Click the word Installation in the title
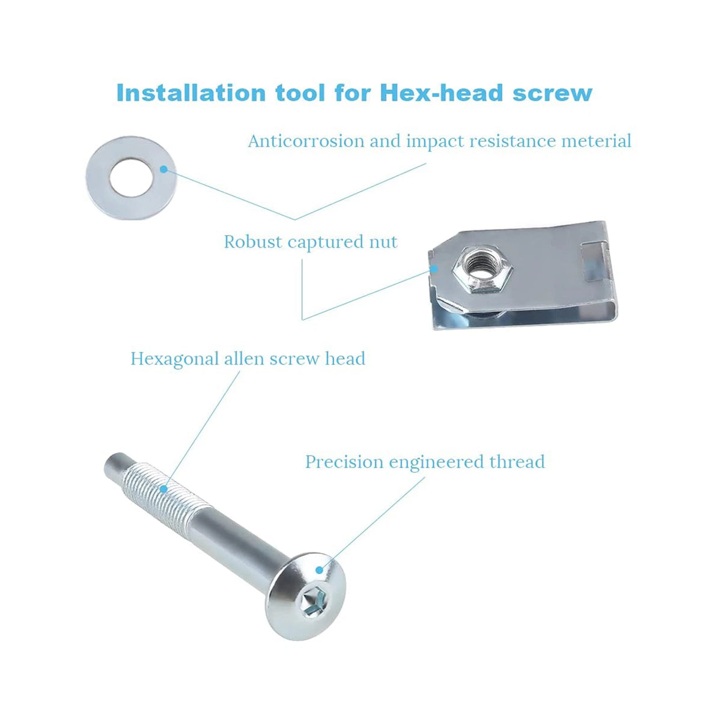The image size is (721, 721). pyautogui.click(x=191, y=93)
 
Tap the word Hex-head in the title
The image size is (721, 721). pyautogui.click(x=441, y=93)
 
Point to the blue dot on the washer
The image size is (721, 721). pyautogui.click(x=163, y=169)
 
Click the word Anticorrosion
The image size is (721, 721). pyautogui.click(x=306, y=141)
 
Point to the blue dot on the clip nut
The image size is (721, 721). pyautogui.click(x=434, y=269)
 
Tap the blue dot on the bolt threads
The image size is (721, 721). pyautogui.click(x=163, y=488)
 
